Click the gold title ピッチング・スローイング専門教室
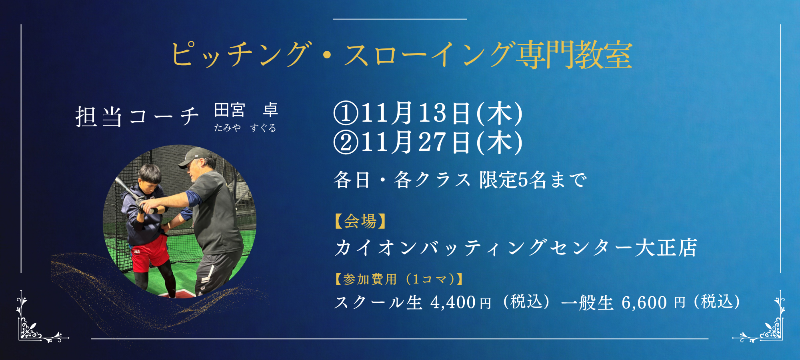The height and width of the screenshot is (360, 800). (402, 55)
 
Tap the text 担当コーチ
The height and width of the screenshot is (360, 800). (137, 117)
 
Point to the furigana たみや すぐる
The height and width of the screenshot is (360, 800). (245, 128)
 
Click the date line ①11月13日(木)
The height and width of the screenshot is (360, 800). (428, 113)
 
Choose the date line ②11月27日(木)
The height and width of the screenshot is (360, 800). (428, 143)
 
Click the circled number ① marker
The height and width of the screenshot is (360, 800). (346, 113)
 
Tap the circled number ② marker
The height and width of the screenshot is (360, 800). (346, 143)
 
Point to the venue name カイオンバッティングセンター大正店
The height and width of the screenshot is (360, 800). (516, 248)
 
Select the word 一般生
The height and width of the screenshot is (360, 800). (587, 303)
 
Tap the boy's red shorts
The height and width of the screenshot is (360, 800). (150, 254)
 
